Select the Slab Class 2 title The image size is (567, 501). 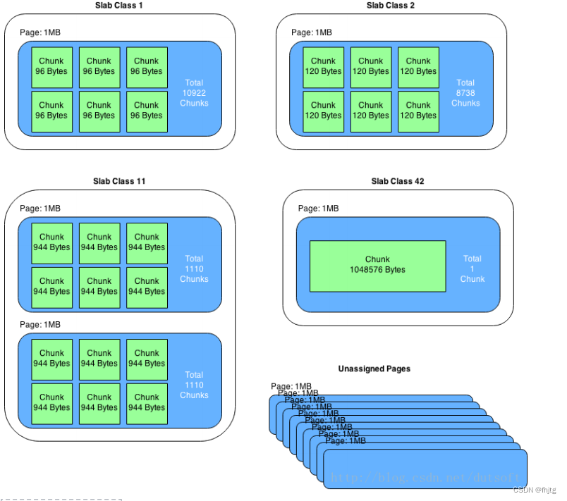click(x=391, y=6)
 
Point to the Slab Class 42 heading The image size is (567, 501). click(x=398, y=181)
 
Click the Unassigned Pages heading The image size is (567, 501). click(x=374, y=369)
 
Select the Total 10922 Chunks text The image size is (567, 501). click(x=194, y=93)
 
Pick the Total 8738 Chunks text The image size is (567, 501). click(x=465, y=93)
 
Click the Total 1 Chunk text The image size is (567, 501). click(x=472, y=268)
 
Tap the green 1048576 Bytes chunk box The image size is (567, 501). click(x=377, y=266)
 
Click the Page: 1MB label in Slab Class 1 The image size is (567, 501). click(x=40, y=32)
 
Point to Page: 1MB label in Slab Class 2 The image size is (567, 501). click(x=311, y=32)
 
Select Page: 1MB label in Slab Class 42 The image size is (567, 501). click(x=318, y=209)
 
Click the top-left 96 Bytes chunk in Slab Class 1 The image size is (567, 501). click(x=51, y=67)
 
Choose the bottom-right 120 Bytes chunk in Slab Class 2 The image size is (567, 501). click(x=418, y=111)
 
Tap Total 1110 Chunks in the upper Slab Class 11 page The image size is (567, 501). click(x=194, y=268)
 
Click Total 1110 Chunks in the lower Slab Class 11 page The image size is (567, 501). click(x=194, y=385)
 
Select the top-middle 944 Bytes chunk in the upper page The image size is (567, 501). click(x=99, y=243)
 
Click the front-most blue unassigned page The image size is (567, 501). click(x=425, y=469)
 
